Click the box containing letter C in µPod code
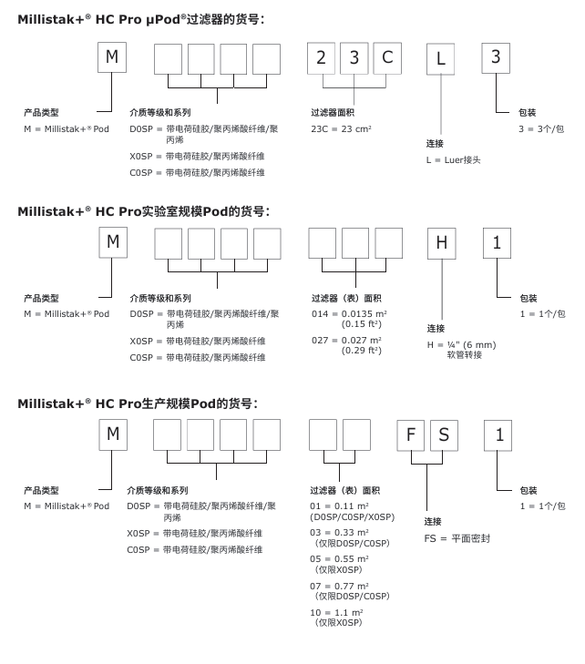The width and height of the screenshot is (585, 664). click(x=387, y=59)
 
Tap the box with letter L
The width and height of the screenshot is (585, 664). click(x=441, y=60)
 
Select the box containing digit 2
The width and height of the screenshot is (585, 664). click(x=321, y=59)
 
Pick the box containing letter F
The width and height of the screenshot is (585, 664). click(x=411, y=434)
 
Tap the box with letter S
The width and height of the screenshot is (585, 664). click(x=444, y=434)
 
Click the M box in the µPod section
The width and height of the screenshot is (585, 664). click(x=112, y=57)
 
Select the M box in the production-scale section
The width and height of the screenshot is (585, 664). click(x=113, y=434)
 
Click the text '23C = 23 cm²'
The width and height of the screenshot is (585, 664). click(x=342, y=128)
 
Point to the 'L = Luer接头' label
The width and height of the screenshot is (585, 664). click(x=453, y=159)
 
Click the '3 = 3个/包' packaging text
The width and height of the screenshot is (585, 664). click(x=541, y=129)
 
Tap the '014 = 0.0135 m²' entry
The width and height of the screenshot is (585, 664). click(x=346, y=314)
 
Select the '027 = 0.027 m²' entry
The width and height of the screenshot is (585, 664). click(x=346, y=341)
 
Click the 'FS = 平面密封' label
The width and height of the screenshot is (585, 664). click(x=457, y=538)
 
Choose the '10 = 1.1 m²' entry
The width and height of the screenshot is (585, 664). click(x=337, y=612)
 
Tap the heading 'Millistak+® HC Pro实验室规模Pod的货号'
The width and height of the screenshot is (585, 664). click(x=143, y=211)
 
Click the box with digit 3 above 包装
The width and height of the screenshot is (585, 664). click(x=496, y=57)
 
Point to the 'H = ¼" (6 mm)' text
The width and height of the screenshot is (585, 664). click(x=461, y=344)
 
